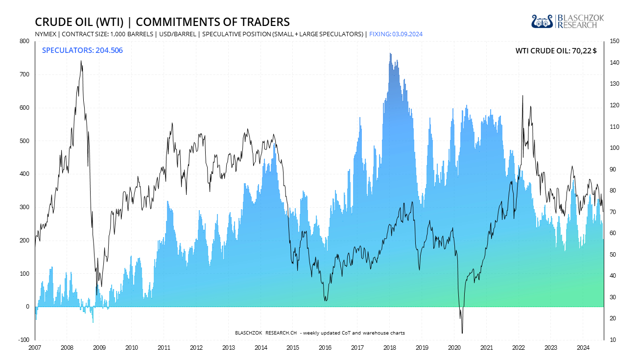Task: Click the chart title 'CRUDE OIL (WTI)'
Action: pyautogui.click(x=81, y=22)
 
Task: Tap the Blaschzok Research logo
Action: pyautogui.click(x=568, y=21)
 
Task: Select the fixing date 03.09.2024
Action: pyautogui.click(x=406, y=34)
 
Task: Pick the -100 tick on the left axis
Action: pyautogui.click(x=23, y=340)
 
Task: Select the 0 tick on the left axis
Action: pyautogui.click(x=27, y=307)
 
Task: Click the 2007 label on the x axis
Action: pyautogui.click(x=34, y=348)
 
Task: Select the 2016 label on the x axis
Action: pyautogui.click(x=325, y=348)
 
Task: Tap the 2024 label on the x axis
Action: pyautogui.click(x=583, y=348)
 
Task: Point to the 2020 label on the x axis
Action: pyautogui.click(x=454, y=348)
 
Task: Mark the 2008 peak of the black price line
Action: pyautogui.click(x=81, y=61)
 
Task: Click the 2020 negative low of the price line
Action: pyautogui.click(x=462, y=333)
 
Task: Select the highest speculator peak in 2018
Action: pyautogui.click(x=390, y=53)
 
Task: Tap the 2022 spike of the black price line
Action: pyautogui.click(x=522, y=96)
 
